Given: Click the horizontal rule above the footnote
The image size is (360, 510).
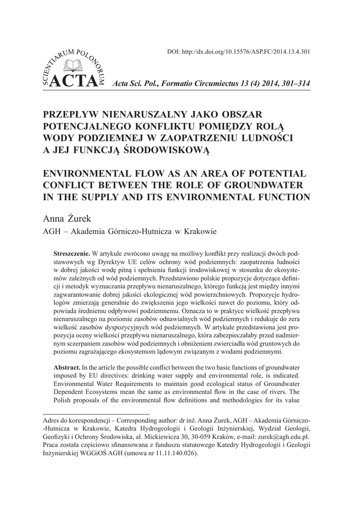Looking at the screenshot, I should pyautogui.click(x=97, y=413).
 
